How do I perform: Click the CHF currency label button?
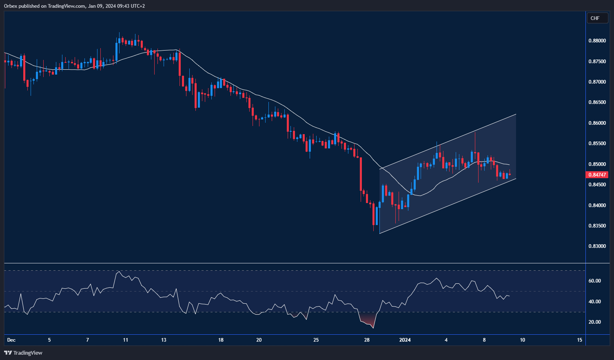click(x=597, y=18)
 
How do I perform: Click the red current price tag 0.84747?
click(x=597, y=175)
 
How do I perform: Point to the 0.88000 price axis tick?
click(x=597, y=41)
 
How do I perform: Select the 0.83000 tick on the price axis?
click(x=597, y=246)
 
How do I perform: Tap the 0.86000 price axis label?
click(x=597, y=123)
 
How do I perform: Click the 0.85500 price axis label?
click(x=597, y=144)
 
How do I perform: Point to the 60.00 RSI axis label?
click(x=594, y=281)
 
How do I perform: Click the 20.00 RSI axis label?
click(x=594, y=322)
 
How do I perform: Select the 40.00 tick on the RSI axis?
click(x=594, y=302)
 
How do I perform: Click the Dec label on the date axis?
click(x=11, y=340)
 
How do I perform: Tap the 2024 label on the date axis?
click(x=405, y=340)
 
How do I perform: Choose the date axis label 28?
click(x=367, y=340)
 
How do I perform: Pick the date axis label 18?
click(x=221, y=340)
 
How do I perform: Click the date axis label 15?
click(x=580, y=340)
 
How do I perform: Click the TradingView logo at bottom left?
click(x=23, y=353)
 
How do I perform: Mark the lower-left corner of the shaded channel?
click(x=379, y=234)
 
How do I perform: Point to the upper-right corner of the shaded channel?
click(x=516, y=114)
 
